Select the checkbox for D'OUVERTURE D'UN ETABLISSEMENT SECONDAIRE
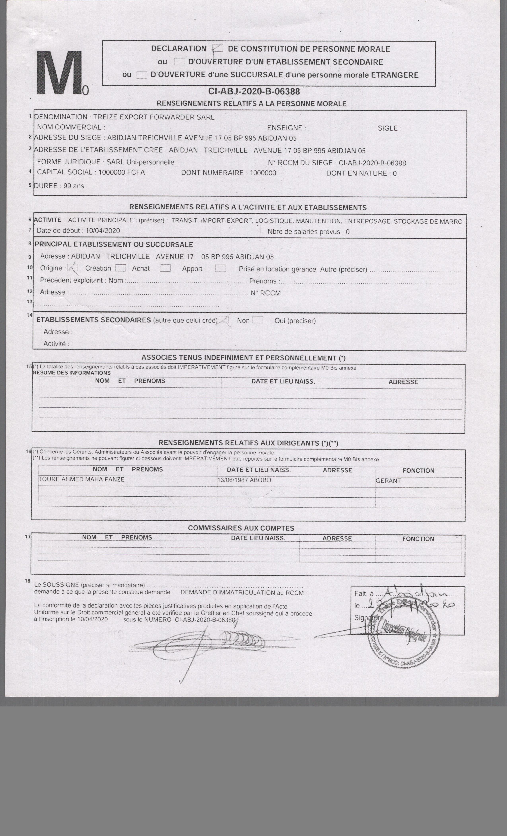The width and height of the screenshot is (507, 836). (179, 62)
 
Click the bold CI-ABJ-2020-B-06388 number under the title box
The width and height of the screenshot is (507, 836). (254, 92)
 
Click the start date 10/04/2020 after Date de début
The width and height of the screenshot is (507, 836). (103, 231)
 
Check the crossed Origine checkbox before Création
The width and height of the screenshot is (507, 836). (73, 268)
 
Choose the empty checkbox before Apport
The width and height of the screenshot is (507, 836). (165, 268)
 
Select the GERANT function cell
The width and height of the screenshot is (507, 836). (388, 481)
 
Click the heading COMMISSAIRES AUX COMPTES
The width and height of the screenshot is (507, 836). (241, 528)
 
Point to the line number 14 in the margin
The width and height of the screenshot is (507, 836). (29, 315)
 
